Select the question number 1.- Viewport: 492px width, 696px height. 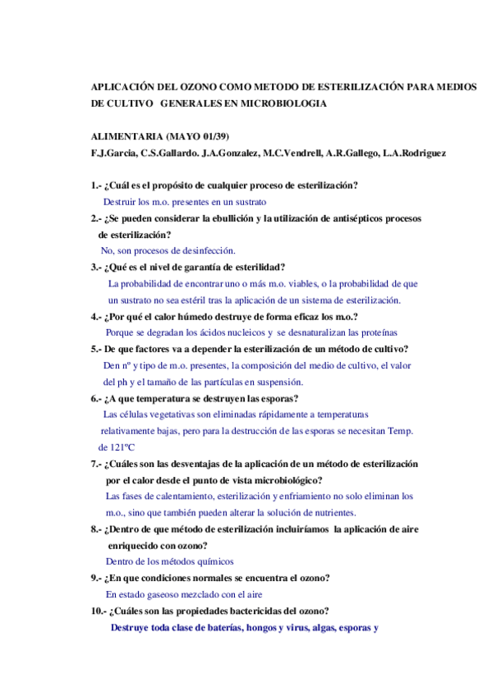pos(96,185)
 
